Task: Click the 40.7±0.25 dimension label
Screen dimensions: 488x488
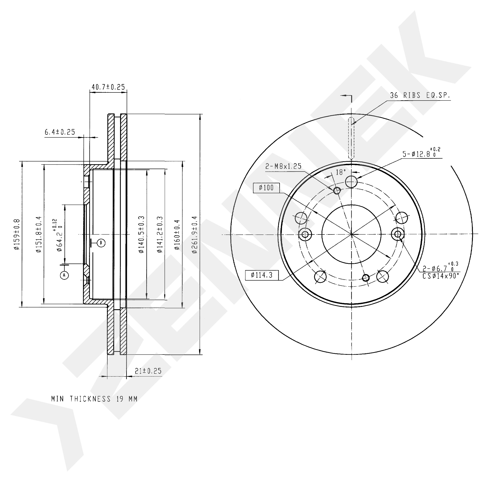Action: [108, 87]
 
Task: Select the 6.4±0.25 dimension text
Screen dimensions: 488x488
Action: [60, 132]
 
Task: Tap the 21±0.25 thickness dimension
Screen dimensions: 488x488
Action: [148, 371]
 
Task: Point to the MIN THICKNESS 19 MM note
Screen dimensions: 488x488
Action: [94, 399]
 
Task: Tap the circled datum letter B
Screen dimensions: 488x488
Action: [101, 243]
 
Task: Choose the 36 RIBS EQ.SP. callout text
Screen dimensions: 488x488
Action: [420, 95]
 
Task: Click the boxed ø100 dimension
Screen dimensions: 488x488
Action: [266, 188]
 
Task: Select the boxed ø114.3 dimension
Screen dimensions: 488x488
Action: [262, 275]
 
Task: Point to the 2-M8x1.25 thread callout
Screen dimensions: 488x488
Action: [283, 166]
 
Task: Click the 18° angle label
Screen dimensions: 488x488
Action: [341, 172]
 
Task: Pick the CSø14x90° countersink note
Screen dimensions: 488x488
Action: [441, 276]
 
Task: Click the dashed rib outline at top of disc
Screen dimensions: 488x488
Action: [351, 138]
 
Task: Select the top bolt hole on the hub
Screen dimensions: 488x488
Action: [351, 182]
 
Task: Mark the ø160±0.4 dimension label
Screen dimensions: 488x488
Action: [177, 235]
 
